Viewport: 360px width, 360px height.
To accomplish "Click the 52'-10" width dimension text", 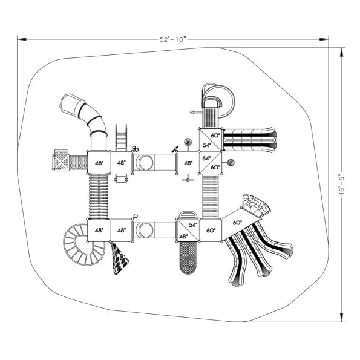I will point(172,39).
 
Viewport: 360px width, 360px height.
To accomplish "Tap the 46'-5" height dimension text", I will point(342,181).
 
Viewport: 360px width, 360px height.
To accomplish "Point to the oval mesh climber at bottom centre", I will point(188,257).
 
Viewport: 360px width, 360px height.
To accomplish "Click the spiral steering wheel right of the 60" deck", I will point(231,163).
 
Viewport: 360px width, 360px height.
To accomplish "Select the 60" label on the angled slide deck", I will point(237,223).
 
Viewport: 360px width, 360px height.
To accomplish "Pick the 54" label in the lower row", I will point(193,224).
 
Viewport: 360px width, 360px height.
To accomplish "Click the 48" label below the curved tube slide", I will point(99,163).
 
